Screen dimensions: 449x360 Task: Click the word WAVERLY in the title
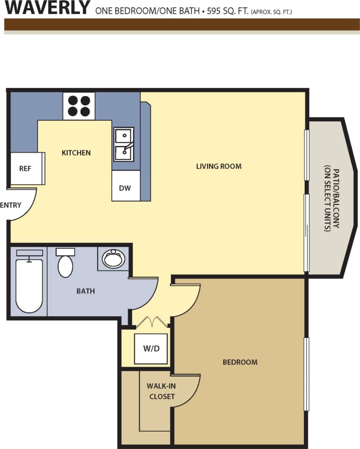47,8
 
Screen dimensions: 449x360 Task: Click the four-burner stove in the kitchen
79,106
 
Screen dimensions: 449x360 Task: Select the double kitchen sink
123,144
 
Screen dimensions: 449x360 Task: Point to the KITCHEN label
76,152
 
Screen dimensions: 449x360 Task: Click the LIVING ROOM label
218,166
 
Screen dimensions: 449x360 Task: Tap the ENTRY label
11,205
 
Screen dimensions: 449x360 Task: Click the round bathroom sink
113,259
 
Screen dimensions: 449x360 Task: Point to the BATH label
85,291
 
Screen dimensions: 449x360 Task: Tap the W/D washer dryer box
150,349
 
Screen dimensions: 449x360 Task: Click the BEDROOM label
240,362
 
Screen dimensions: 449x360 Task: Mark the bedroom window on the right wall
307,374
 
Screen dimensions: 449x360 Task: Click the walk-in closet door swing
186,391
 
